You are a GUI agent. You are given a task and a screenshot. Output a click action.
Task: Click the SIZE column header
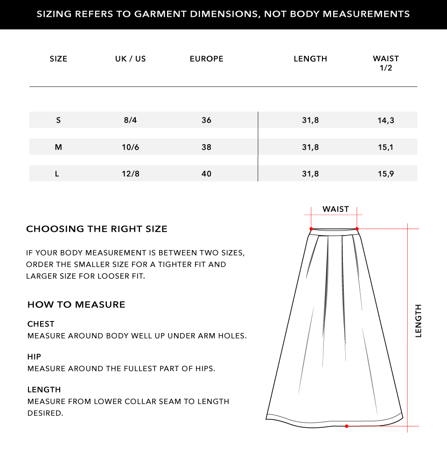tap(58, 59)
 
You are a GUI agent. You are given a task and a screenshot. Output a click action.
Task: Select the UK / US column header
tap(131, 59)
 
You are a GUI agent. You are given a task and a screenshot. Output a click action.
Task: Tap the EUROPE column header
tap(207, 59)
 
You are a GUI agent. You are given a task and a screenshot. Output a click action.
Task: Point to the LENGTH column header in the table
tap(310, 59)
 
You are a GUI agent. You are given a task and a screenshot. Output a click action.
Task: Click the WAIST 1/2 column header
tap(386, 63)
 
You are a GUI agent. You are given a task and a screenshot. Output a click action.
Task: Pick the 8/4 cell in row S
tap(131, 120)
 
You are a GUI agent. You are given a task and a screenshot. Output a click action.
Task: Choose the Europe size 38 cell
tap(207, 147)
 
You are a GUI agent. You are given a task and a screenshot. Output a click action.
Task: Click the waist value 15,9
tap(386, 174)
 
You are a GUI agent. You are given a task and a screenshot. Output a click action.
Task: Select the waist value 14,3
tap(386, 120)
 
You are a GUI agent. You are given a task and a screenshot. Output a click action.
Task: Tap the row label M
tap(58, 147)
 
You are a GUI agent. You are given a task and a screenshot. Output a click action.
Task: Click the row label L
tap(57, 174)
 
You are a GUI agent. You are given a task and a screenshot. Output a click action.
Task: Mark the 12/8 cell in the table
tap(131, 174)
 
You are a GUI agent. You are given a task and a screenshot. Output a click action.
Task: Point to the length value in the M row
tap(310, 147)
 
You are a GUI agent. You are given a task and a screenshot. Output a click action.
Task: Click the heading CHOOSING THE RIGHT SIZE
tap(97, 229)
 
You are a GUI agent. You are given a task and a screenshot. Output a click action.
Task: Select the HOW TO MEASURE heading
tap(77, 305)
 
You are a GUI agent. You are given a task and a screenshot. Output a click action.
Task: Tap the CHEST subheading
tap(41, 324)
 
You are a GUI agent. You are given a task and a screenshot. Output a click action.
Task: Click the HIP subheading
tap(35, 357)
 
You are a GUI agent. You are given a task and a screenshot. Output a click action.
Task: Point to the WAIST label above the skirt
tap(335, 209)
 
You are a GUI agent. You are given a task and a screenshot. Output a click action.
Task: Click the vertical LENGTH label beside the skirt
tap(418, 321)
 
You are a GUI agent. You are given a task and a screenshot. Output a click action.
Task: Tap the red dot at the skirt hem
tap(347, 426)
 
